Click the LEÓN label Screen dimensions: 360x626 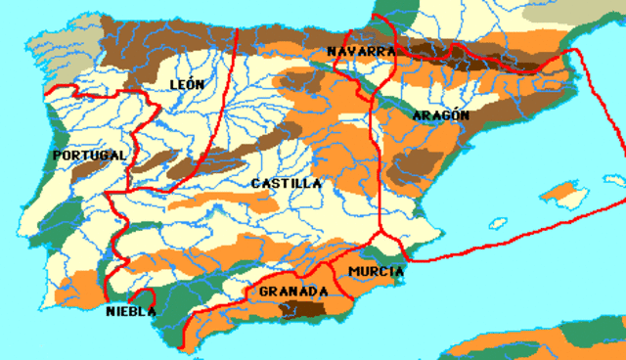(187, 84)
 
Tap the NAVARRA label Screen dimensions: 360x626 (362, 51)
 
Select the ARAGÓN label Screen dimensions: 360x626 (441, 115)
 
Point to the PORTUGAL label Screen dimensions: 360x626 (90, 156)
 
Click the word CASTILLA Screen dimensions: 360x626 (286, 183)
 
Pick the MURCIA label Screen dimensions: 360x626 (376, 270)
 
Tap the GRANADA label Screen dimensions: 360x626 (293, 292)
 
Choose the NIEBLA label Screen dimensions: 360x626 (131, 312)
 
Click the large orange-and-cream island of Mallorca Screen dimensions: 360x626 (564, 193)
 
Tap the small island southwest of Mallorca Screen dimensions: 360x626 (500, 223)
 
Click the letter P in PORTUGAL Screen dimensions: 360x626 (58, 156)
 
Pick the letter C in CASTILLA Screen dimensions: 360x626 (255, 183)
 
